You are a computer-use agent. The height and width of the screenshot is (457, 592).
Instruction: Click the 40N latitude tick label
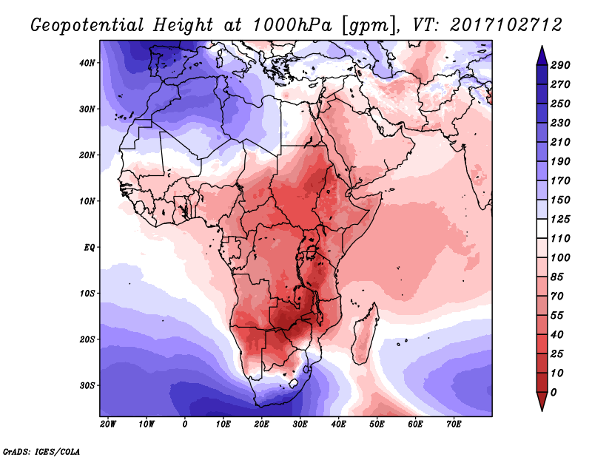point(87,62)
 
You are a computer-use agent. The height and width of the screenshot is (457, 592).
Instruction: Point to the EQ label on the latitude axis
point(89,247)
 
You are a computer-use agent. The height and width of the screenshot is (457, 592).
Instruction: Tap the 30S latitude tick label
point(87,385)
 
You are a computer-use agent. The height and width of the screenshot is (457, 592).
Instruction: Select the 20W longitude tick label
point(108,424)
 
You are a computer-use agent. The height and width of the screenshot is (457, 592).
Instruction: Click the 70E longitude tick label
point(454,424)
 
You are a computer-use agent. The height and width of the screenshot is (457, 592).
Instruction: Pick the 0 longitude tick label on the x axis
point(185,424)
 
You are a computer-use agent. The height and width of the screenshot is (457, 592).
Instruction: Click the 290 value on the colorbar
point(561,66)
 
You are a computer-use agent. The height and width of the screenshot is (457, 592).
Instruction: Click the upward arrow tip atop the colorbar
point(542,50)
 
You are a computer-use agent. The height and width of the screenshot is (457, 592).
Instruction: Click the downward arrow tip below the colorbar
point(542,407)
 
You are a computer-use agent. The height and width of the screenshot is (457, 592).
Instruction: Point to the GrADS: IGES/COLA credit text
point(41,450)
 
